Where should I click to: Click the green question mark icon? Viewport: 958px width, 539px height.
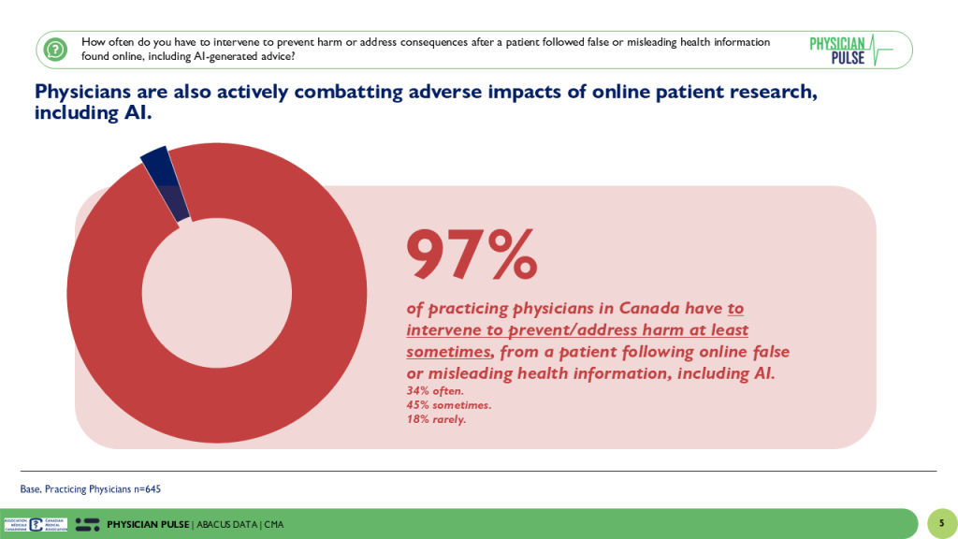tap(55, 49)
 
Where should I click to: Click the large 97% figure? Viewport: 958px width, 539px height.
tap(472, 255)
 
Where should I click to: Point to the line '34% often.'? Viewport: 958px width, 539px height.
tap(435, 390)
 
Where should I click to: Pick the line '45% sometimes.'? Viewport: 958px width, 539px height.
tap(448, 405)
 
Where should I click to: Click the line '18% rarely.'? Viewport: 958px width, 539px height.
tap(436, 419)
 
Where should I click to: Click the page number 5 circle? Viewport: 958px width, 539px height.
tap(941, 524)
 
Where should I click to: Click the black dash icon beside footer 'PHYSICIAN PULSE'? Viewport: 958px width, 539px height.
tap(88, 524)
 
